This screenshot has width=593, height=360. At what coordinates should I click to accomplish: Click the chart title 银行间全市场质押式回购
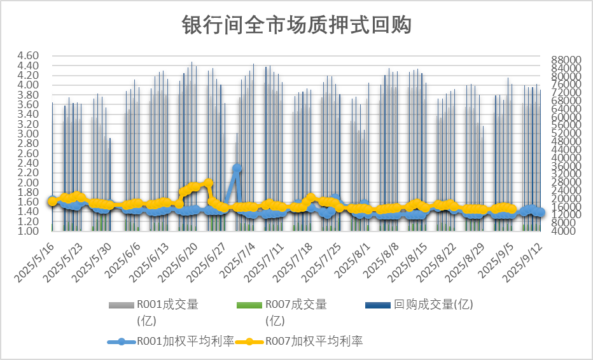click(x=296, y=25)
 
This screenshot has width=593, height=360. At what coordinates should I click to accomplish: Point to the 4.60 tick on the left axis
click(x=29, y=56)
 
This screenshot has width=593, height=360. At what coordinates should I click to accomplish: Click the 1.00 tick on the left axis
click(x=29, y=232)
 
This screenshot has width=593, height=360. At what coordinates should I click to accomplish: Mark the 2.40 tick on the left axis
click(x=29, y=163)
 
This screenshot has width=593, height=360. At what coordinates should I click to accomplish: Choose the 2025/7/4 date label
click(x=239, y=261)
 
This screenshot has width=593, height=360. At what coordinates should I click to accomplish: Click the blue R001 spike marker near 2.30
click(x=237, y=169)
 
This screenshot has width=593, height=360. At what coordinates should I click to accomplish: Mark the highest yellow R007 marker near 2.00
click(x=208, y=183)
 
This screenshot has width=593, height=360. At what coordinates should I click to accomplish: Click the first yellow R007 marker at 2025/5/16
click(x=52, y=201)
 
